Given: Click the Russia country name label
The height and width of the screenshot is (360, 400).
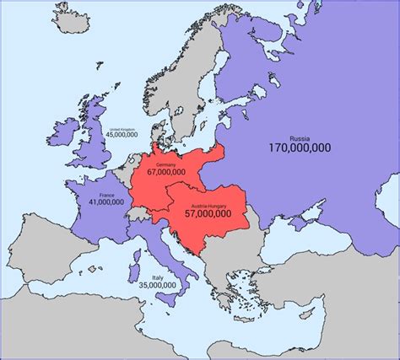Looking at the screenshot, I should pyautogui.click(x=300, y=136).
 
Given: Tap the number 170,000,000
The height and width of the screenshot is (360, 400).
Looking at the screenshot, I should pyautogui.click(x=300, y=148).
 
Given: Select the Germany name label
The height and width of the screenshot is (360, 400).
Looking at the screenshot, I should pyautogui.click(x=165, y=162).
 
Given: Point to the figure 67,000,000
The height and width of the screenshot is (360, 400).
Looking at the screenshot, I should pyautogui.click(x=165, y=172).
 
